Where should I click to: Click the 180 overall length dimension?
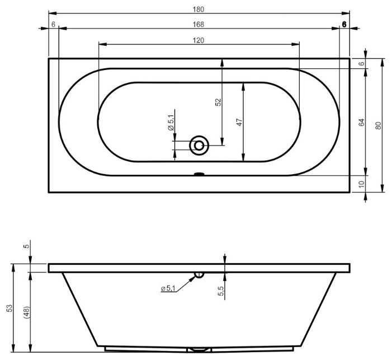(199, 10)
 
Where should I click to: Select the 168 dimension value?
(199, 24)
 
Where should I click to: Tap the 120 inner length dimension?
(199, 40)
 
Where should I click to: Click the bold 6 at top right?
(344, 24)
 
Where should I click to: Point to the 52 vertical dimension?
(219, 102)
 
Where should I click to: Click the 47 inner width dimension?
(239, 122)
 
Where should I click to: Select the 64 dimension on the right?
(361, 122)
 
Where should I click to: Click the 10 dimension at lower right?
(361, 184)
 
